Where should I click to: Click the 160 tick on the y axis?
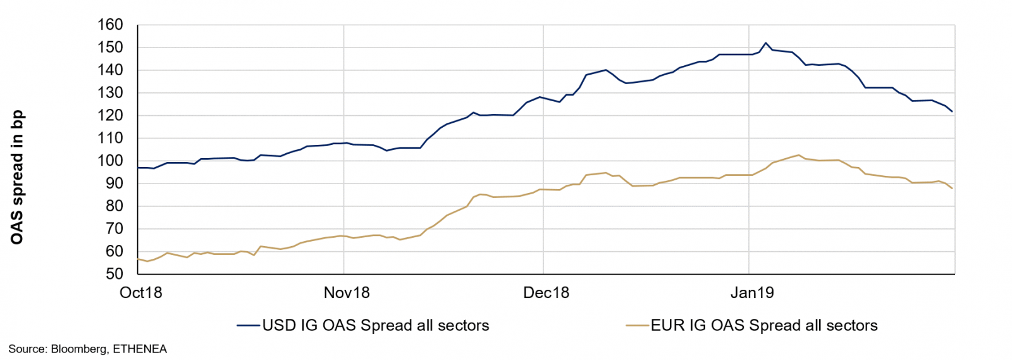110,25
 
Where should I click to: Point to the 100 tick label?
110,161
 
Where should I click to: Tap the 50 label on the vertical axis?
114,274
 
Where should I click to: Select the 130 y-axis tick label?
110,93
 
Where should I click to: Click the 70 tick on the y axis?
114,229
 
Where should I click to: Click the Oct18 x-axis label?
141,293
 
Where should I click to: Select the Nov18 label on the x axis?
347,293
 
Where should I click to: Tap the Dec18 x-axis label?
546,293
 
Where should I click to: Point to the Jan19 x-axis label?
752,293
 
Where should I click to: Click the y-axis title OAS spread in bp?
17,177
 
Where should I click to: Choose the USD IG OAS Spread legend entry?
376,326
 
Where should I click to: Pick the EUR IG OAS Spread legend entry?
764,326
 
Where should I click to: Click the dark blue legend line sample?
249,326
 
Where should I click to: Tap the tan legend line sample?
638,326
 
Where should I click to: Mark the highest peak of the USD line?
766,43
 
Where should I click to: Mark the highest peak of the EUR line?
798,155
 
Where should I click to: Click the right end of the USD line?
952,111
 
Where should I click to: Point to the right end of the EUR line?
952,188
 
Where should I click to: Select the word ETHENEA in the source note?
140,349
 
